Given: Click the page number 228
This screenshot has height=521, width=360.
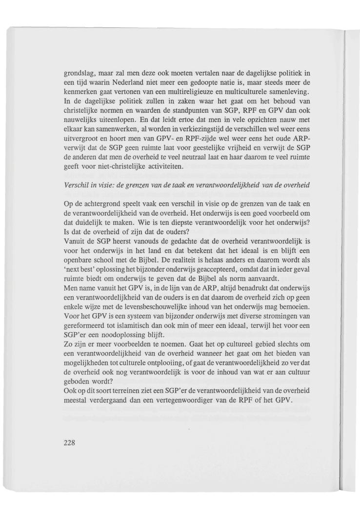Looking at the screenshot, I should pyautogui.click(x=71, y=443).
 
